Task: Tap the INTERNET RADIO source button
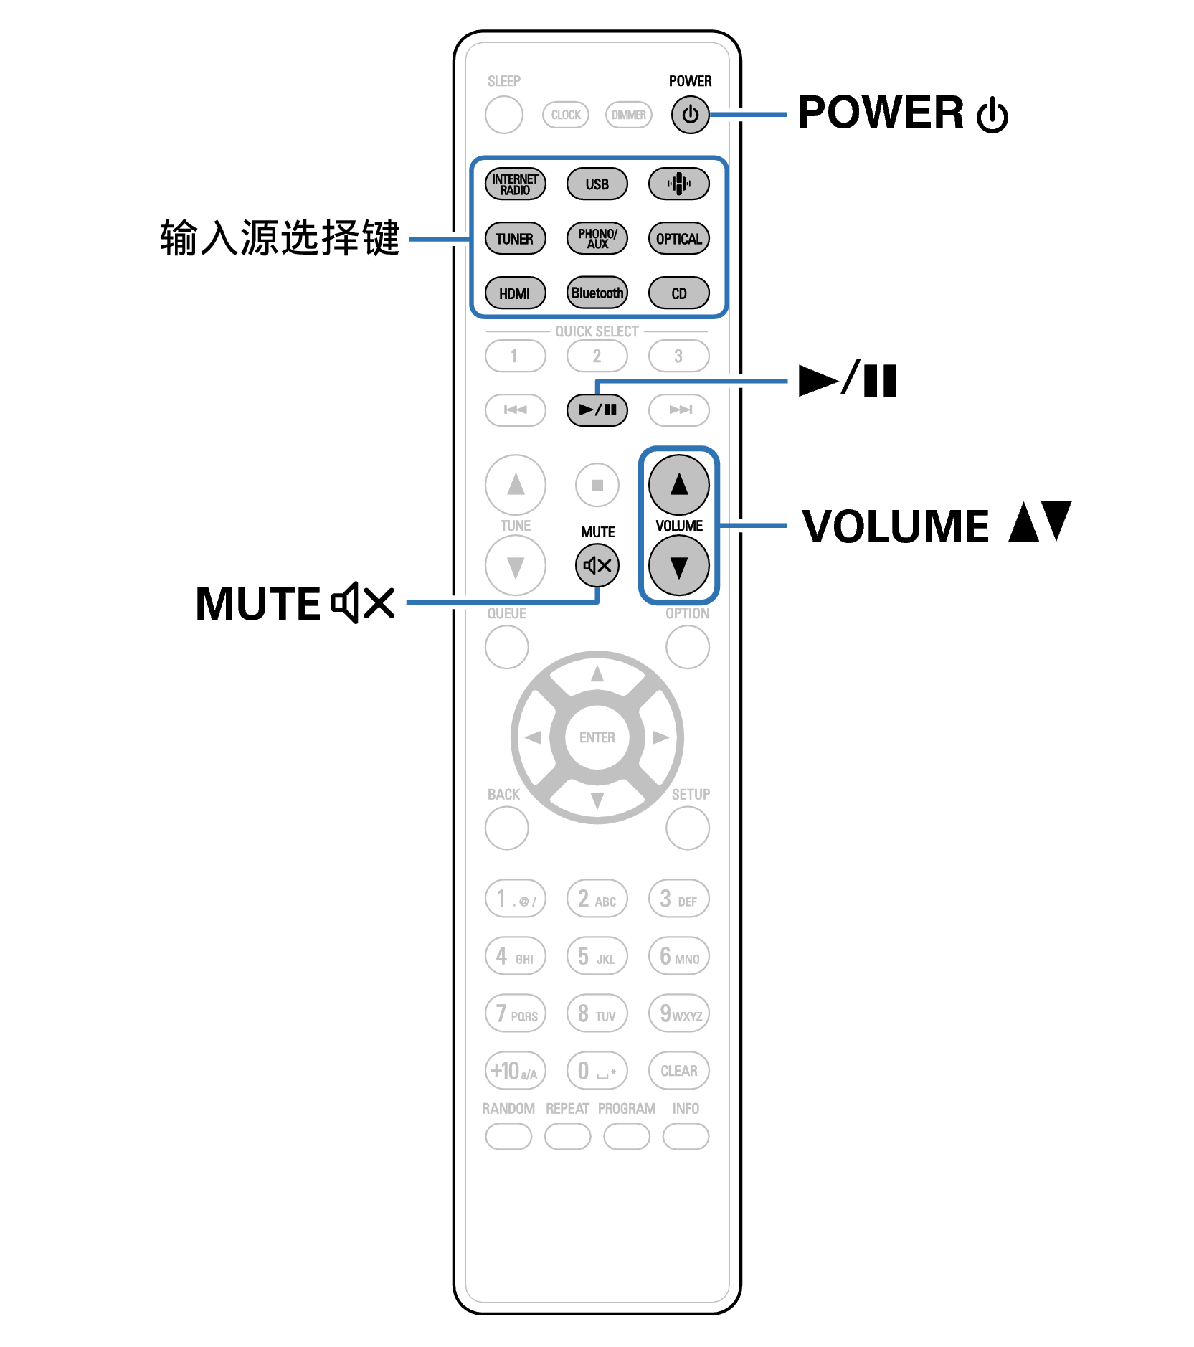(x=515, y=184)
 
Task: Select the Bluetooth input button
(x=597, y=293)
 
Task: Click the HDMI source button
(x=515, y=293)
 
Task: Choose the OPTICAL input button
(x=678, y=239)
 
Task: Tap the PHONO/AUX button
(x=597, y=239)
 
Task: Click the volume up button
(x=678, y=486)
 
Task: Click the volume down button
(x=678, y=566)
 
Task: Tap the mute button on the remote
(x=597, y=566)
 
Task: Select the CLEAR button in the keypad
(x=678, y=1071)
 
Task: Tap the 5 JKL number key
(x=597, y=956)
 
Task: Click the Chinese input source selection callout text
(x=280, y=238)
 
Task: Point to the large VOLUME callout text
(x=895, y=526)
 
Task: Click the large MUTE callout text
(x=258, y=604)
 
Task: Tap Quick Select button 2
(x=597, y=356)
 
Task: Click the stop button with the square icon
(x=597, y=486)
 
